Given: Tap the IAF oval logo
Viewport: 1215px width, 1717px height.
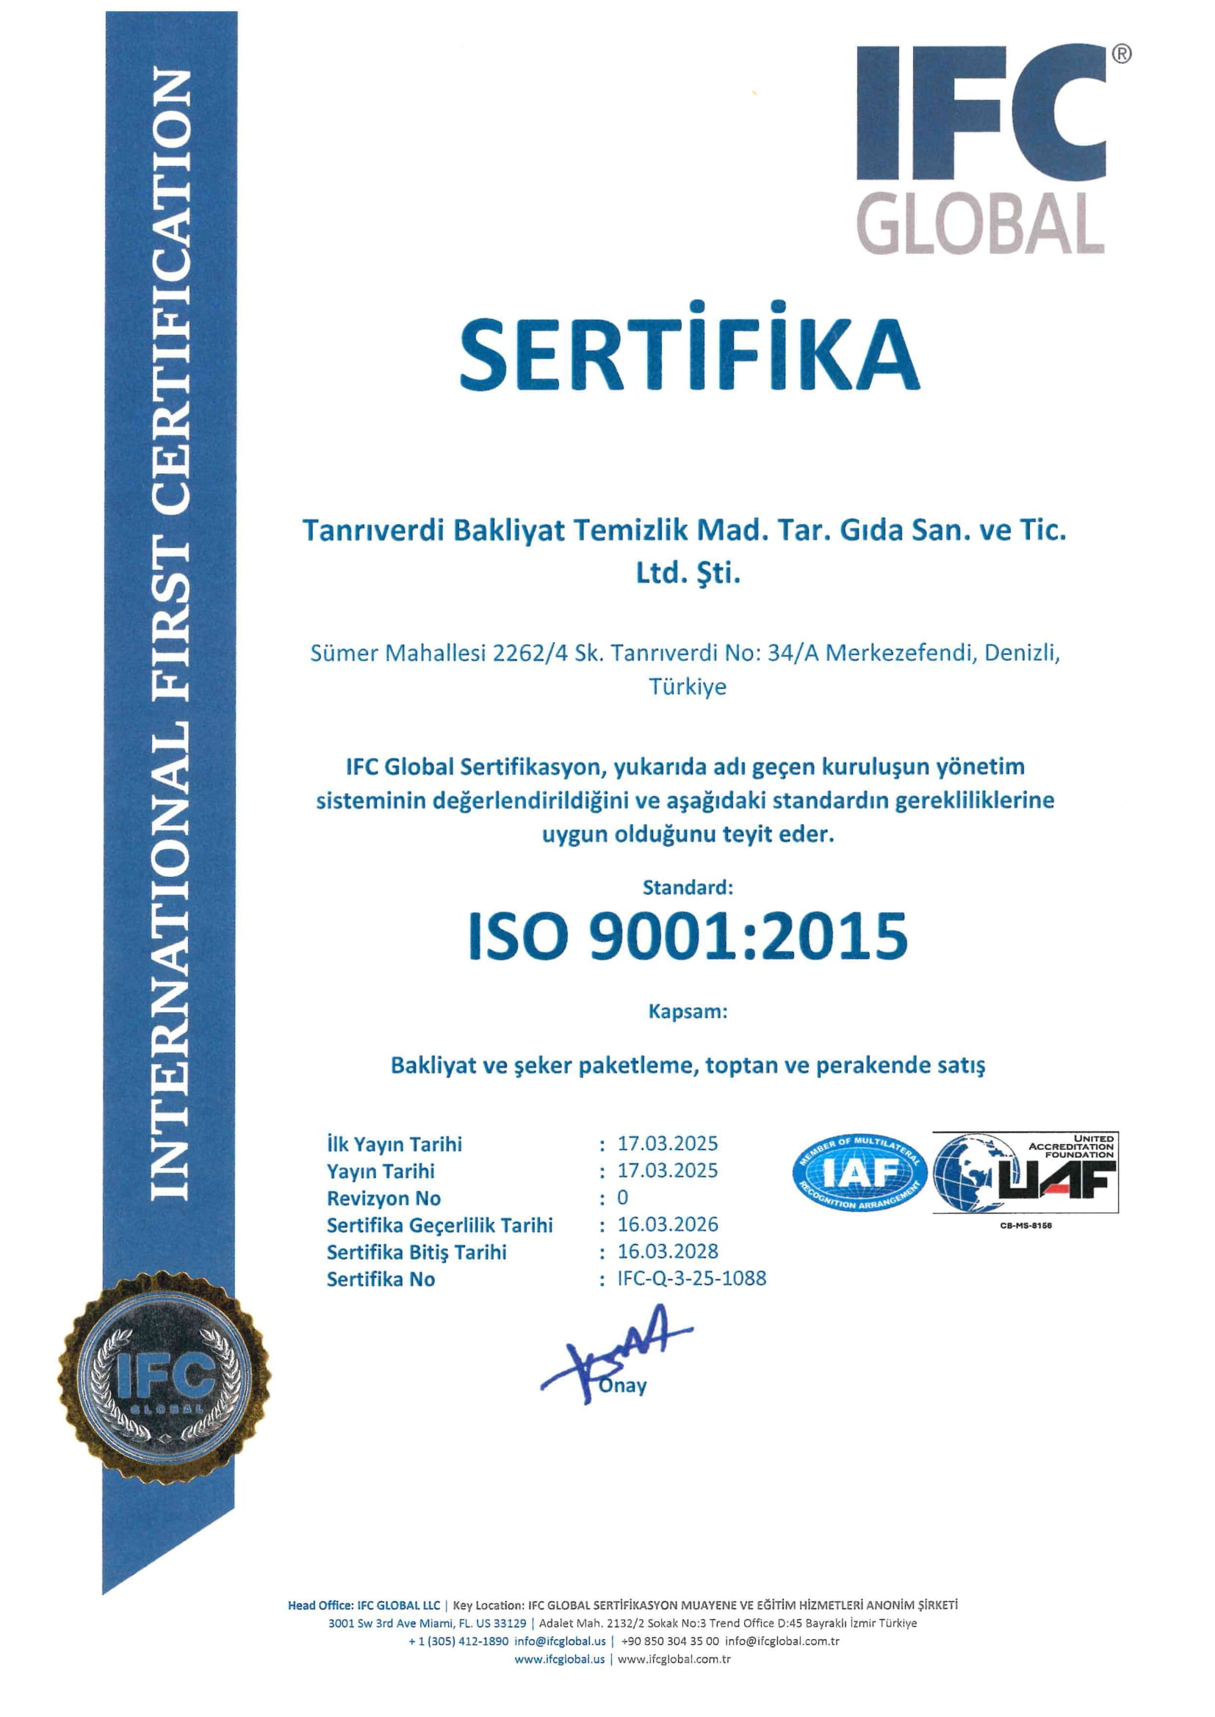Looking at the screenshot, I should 859,1173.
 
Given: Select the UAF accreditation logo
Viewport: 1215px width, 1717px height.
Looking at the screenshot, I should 1025,1173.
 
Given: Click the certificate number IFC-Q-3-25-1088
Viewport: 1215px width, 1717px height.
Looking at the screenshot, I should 691,1278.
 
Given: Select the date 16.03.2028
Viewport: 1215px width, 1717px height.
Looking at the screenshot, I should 667,1251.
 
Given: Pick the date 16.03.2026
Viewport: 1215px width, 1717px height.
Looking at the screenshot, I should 667,1224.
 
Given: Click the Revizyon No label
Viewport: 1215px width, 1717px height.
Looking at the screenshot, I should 383,1198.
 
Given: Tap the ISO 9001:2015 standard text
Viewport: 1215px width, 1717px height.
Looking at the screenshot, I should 688,936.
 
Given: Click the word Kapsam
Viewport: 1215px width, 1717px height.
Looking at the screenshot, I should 688,1012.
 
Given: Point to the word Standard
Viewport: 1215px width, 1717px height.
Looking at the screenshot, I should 688,888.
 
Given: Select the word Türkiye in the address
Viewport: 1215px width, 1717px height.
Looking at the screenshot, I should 688,687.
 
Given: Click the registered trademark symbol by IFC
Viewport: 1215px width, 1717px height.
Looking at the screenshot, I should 1122,54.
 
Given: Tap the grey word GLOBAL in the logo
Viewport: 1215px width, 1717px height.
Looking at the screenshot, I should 980,223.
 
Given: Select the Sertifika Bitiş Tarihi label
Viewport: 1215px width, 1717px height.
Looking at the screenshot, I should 416,1252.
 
